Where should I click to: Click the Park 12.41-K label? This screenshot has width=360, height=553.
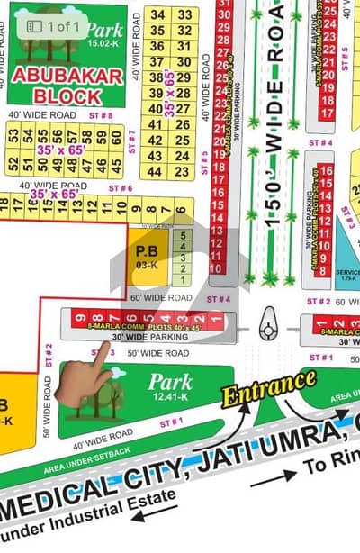pyautogui.click(x=170, y=386)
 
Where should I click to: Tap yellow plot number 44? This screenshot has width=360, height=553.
pyautogui.click(x=157, y=171)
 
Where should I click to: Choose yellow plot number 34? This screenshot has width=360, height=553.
pyautogui.click(x=157, y=14)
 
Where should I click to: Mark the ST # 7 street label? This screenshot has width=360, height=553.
pyautogui.click(x=131, y=137)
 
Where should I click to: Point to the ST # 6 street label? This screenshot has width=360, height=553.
pyautogui.click(x=119, y=187)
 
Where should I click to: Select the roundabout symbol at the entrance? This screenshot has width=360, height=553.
pyautogui.click(x=267, y=328)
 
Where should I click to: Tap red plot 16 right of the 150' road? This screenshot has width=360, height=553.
pyautogui.click(x=325, y=170)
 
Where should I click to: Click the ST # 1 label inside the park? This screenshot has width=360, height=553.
pyautogui.click(x=171, y=421)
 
